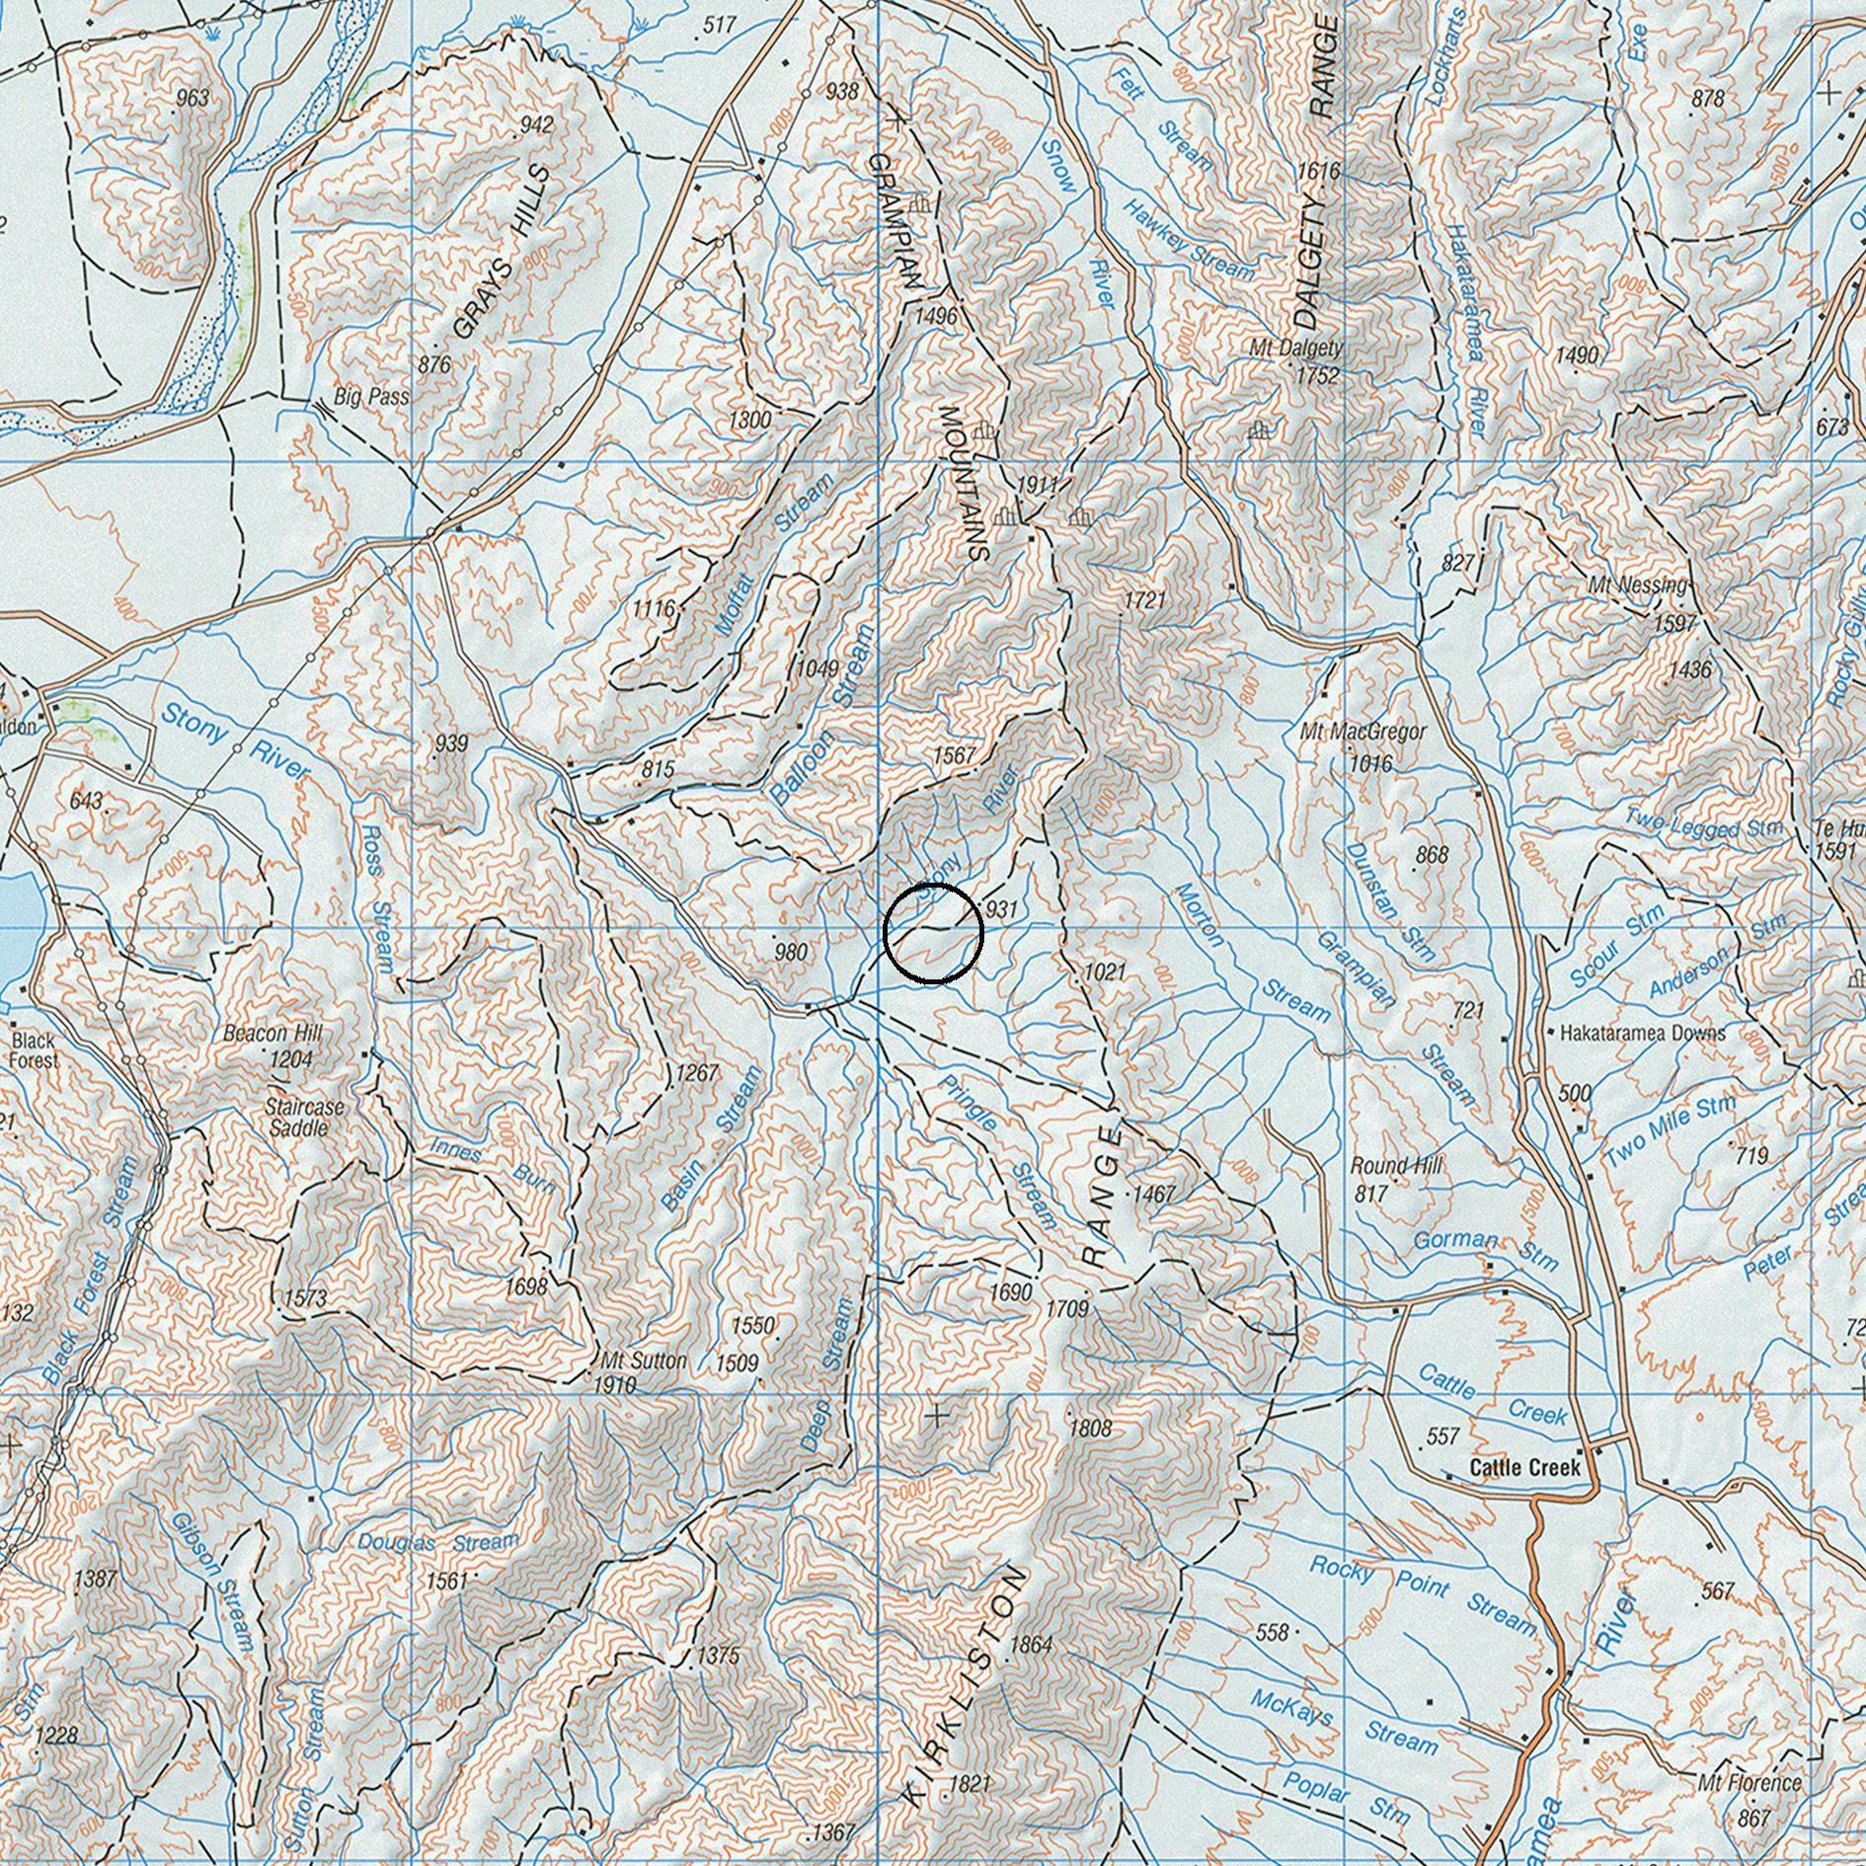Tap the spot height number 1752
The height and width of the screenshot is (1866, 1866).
pyautogui.click(x=1317, y=375)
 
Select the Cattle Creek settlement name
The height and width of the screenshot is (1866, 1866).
pyautogui.click(x=1523, y=1468)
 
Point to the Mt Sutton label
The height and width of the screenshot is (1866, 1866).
pyautogui.click(x=643, y=1361)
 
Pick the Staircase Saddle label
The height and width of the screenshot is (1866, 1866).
pyautogui.click(x=304, y=1117)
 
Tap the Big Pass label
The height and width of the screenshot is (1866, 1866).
pyautogui.click(x=371, y=398)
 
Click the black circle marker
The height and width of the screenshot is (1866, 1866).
pyautogui.click(x=933, y=934)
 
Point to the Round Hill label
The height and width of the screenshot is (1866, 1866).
pyautogui.click(x=1396, y=1166)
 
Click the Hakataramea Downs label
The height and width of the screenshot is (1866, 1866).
pyautogui.click(x=1642, y=1034)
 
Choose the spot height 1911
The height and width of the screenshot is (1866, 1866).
pyautogui.click(x=1037, y=485)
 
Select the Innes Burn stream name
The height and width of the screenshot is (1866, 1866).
pyautogui.click(x=494, y=1165)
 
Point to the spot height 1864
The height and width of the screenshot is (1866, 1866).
pyautogui.click(x=1032, y=1645)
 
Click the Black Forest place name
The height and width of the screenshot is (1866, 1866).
pyautogui.click(x=34, y=1050)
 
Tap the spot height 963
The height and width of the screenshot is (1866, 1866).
pyautogui.click(x=193, y=97)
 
